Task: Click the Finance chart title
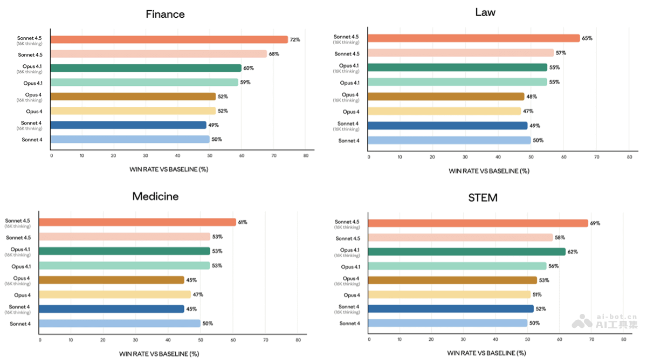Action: coord(165,15)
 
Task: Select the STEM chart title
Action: coord(483,197)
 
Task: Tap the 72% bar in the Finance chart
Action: coord(170,39)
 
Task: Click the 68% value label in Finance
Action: coord(274,54)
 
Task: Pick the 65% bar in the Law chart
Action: coord(474,38)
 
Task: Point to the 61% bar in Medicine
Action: coord(137,222)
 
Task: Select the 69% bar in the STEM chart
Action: coord(478,223)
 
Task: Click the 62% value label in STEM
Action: coord(573,252)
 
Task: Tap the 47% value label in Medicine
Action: coord(198,294)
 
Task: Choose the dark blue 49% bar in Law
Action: coord(448,126)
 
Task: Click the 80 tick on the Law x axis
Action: coord(629,157)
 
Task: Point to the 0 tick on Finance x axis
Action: coord(52,156)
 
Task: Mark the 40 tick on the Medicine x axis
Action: coord(168,340)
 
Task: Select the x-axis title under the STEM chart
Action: coord(486,353)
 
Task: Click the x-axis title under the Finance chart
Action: coord(169,169)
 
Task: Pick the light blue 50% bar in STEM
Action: coord(448,323)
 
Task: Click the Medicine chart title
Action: coord(155,196)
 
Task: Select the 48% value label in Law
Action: coord(532,97)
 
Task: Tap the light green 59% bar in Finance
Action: coord(144,83)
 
